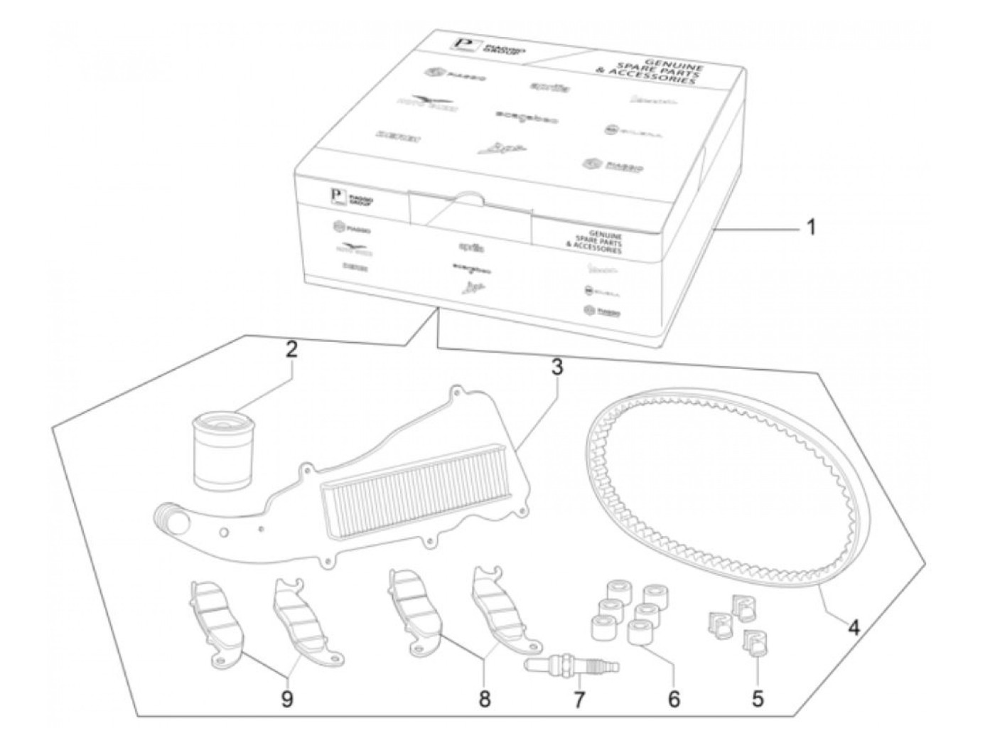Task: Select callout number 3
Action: pyautogui.click(x=557, y=367)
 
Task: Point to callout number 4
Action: pyautogui.click(x=854, y=628)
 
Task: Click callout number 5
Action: pyautogui.click(x=758, y=698)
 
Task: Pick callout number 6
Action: pyautogui.click(x=673, y=698)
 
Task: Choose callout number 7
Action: pyautogui.click(x=579, y=700)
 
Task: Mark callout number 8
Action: pyautogui.click(x=484, y=698)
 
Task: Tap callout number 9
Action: pyautogui.click(x=287, y=700)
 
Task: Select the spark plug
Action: pyautogui.click(x=573, y=666)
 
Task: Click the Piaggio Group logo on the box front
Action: pyautogui.click(x=348, y=198)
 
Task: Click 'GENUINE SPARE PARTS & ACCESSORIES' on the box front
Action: pyautogui.click(x=593, y=242)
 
